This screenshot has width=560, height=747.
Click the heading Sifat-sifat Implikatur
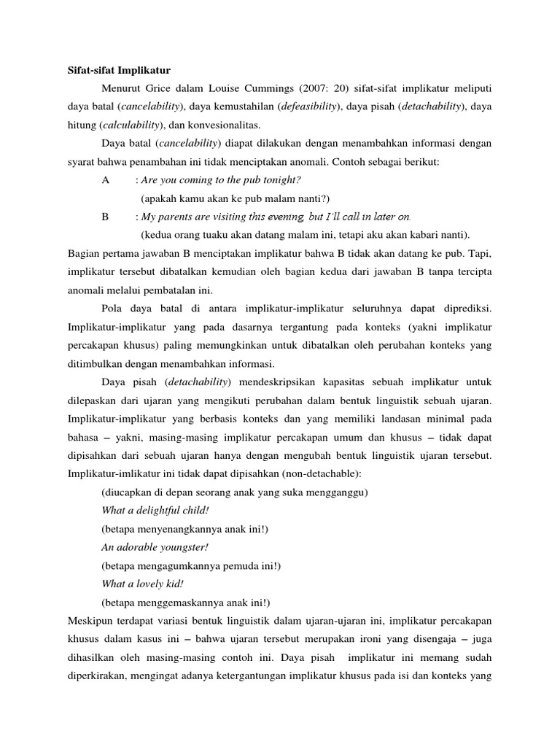(x=118, y=71)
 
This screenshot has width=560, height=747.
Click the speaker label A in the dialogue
(x=106, y=179)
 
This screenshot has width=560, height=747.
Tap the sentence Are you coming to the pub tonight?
(x=221, y=179)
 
